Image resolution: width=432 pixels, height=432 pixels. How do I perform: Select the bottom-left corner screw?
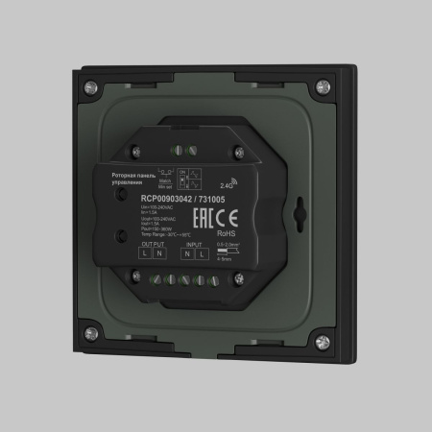91,333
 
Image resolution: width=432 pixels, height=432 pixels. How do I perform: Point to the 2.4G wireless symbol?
228,179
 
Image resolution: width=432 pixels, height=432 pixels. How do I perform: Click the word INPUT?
193,245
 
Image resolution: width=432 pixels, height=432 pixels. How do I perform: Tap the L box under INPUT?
202,256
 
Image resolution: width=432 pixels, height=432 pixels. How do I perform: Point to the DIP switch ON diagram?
191,173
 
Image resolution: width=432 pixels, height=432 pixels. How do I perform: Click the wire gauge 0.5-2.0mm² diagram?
227,250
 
